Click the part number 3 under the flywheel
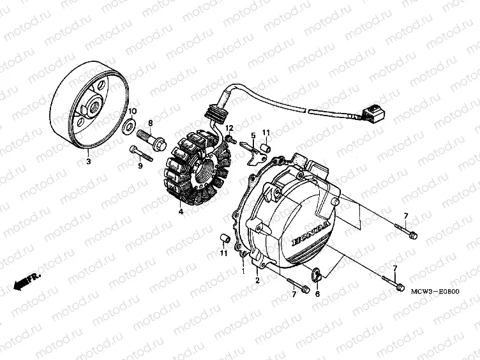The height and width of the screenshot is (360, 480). pyautogui.click(x=89, y=161)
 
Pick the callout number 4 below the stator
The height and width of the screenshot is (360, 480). pyautogui.click(x=181, y=211)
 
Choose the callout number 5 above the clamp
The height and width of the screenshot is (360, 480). pyautogui.click(x=253, y=135)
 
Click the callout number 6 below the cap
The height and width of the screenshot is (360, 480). pyautogui.click(x=317, y=294)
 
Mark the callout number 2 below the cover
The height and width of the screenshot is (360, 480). pyautogui.click(x=257, y=280)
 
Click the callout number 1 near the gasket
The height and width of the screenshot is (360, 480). pyautogui.click(x=243, y=271)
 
